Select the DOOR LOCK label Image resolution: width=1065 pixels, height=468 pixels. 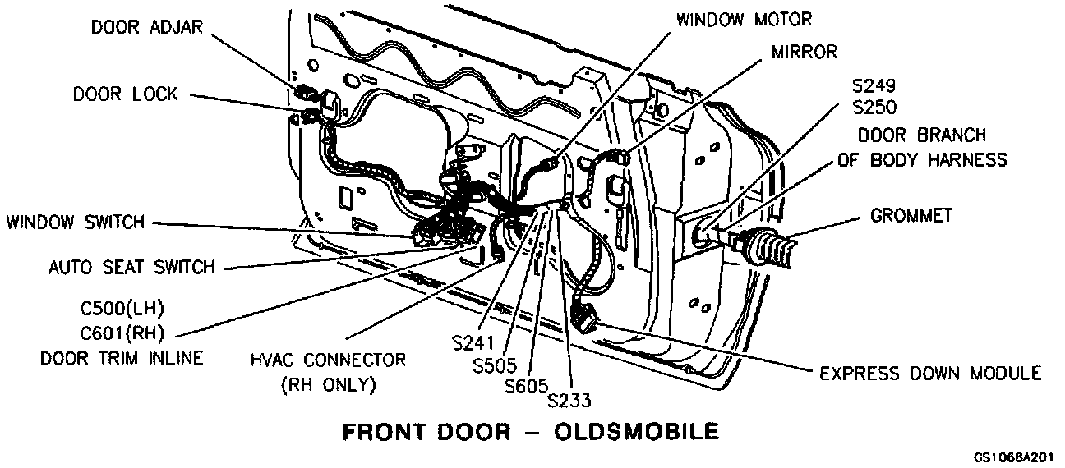click(x=125, y=94)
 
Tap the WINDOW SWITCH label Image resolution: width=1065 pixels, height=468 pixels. click(x=75, y=222)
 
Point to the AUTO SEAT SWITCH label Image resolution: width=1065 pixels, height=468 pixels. click(x=131, y=267)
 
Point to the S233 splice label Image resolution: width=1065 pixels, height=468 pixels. click(x=569, y=400)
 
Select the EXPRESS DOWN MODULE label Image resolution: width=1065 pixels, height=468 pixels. click(x=930, y=374)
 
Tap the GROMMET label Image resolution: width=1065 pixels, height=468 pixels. click(x=911, y=216)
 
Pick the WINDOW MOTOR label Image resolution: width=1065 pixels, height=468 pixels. click(x=745, y=19)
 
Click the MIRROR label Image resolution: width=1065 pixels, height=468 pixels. click(x=805, y=53)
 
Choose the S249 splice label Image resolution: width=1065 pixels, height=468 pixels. click(x=874, y=85)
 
